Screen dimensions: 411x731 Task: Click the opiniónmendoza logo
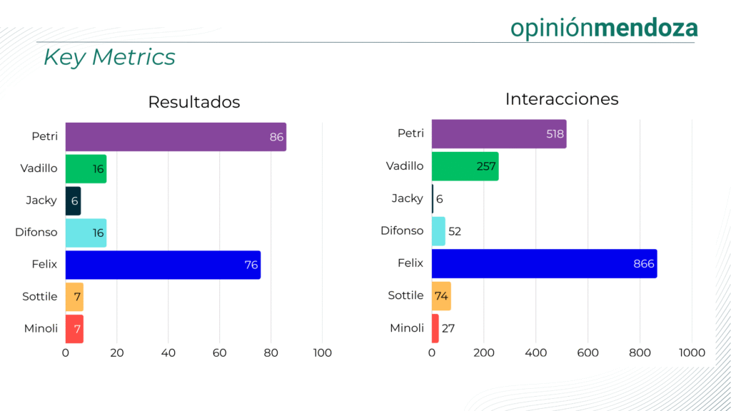click(x=604, y=28)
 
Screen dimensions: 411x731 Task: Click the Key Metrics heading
click(x=109, y=57)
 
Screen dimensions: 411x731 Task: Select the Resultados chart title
click(x=193, y=102)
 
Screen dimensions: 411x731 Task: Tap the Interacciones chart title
click(x=561, y=99)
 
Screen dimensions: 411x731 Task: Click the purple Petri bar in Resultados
click(x=176, y=137)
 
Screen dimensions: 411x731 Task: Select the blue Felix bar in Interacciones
click(x=544, y=264)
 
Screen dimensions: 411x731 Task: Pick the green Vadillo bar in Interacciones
click(x=465, y=166)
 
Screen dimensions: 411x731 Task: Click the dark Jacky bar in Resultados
click(x=73, y=201)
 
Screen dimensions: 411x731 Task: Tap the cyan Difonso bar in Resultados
click(x=86, y=233)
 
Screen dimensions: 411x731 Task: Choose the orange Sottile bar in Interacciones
click(x=441, y=295)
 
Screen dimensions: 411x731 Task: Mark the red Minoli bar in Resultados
click(x=74, y=329)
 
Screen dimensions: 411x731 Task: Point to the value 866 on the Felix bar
click(x=643, y=264)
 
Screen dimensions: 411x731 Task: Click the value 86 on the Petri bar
click(x=276, y=137)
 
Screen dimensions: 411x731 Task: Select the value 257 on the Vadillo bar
click(x=486, y=166)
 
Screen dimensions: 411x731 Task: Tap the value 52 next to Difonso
click(x=454, y=231)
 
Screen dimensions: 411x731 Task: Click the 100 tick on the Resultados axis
click(x=322, y=352)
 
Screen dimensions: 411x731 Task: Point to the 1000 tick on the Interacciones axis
click(x=691, y=352)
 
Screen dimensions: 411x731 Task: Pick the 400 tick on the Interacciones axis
click(x=535, y=352)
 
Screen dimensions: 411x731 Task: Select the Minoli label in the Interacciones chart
click(x=406, y=328)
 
